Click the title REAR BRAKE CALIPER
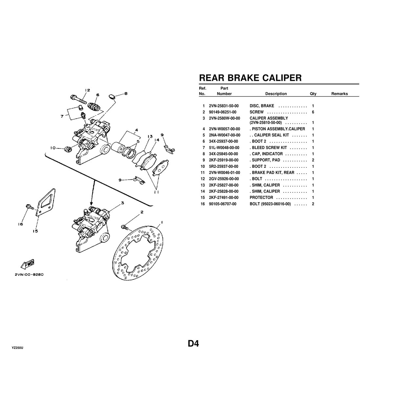point(250,78)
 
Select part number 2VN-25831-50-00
point(224,106)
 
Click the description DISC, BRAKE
point(262,106)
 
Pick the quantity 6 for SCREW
point(313,112)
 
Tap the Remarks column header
point(339,94)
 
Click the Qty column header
point(313,94)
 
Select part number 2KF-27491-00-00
point(224,198)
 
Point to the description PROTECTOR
point(261,198)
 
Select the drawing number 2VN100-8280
point(29,275)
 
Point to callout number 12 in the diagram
point(87,90)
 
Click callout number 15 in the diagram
point(35,231)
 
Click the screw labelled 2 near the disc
point(124,227)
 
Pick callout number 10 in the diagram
point(53,148)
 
